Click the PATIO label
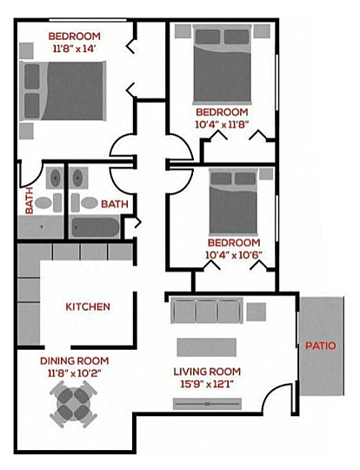[321, 346]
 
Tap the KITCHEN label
[88, 306]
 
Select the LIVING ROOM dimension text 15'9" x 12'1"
[207, 384]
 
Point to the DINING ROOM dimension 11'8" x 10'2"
[74, 373]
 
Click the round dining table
[74, 404]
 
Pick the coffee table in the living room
[207, 347]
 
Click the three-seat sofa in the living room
[207, 311]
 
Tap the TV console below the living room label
[207, 404]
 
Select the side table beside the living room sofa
[256, 312]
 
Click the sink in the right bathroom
[78, 178]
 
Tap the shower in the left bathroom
[41, 227]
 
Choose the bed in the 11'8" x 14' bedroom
[63, 91]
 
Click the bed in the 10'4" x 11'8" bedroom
[222, 64]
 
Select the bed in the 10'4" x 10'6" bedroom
[233, 202]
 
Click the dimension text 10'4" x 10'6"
[234, 255]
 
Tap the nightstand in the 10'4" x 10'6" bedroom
[266, 174]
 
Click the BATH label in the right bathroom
[115, 205]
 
